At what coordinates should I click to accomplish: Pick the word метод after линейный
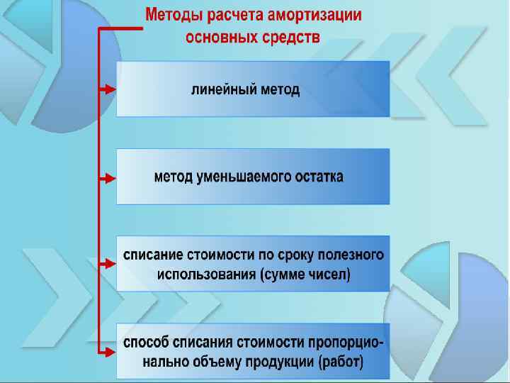pos(278,90)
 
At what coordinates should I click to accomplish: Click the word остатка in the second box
pos(314,177)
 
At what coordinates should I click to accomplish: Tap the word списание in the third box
pos(154,254)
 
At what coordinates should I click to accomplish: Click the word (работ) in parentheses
pos(341,363)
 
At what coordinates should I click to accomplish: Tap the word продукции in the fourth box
pos(280,363)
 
